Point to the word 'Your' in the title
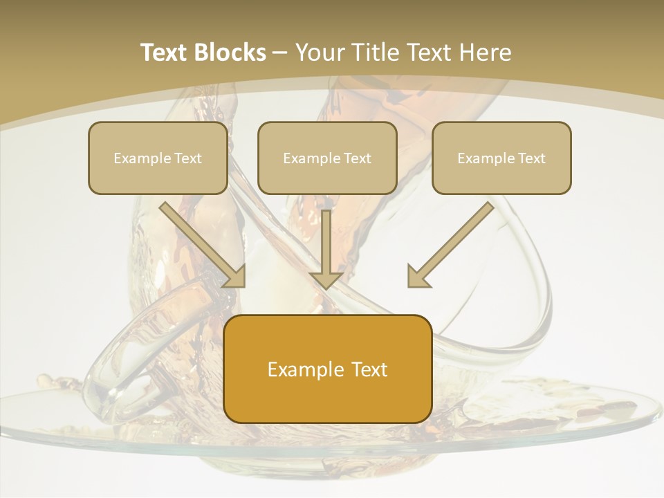click(320, 53)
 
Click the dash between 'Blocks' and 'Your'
click(281, 53)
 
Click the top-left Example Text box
click(158, 158)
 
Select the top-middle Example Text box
click(327, 158)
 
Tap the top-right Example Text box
click(501, 158)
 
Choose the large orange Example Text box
click(328, 369)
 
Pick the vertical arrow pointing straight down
click(326, 246)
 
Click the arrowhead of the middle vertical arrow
click(326, 279)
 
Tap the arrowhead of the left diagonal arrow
click(235, 276)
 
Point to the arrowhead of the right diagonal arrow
click(418, 276)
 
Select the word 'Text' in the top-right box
click(531, 158)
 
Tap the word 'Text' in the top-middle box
click(357, 158)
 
